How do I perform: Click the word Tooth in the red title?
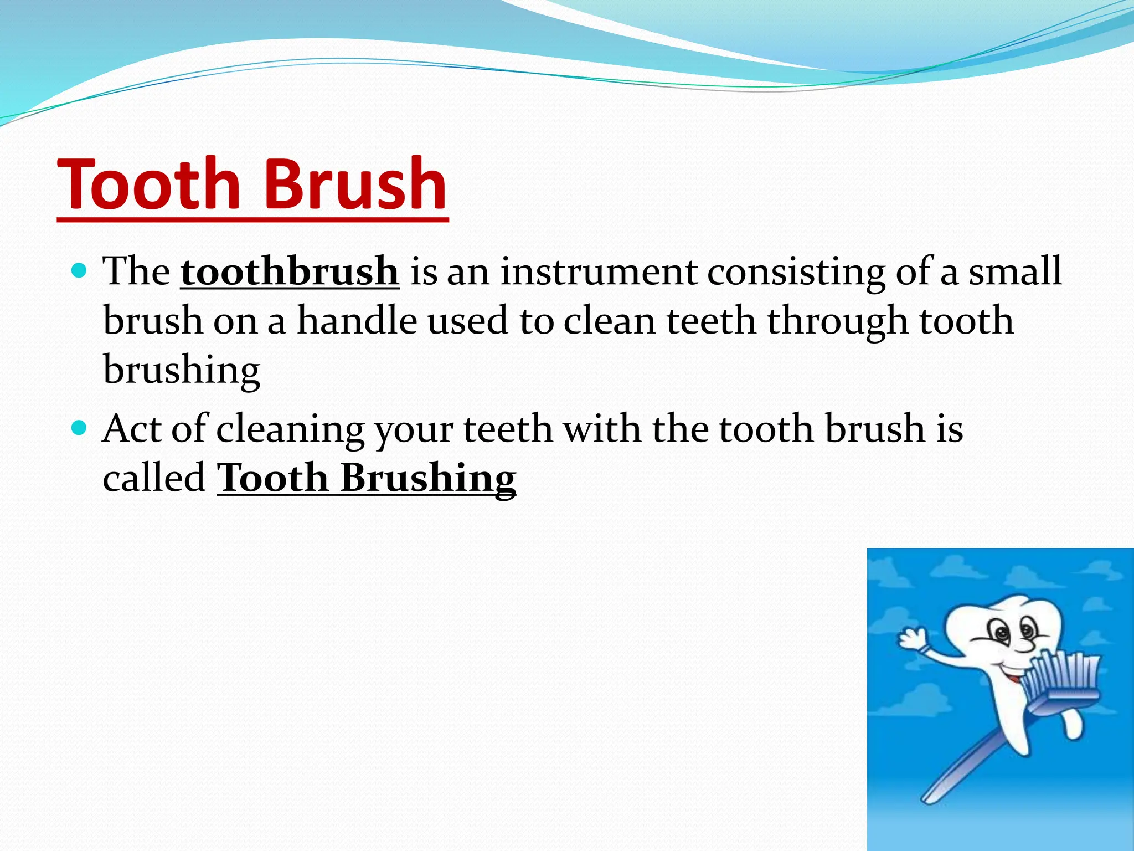149,184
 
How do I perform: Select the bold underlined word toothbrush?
289,271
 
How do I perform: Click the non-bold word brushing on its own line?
182,370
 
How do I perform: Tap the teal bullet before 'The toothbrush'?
80,271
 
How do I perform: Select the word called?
154,478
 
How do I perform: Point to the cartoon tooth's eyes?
1013,631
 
